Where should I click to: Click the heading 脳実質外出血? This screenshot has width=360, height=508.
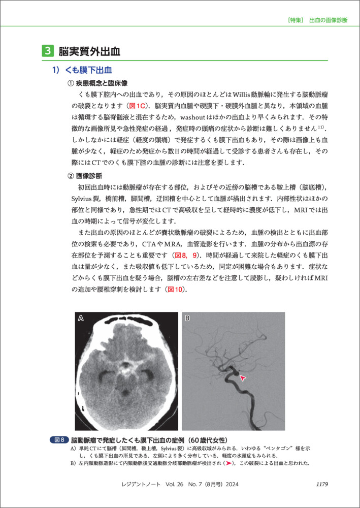click(89, 51)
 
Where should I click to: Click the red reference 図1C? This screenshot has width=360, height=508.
click(137, 106)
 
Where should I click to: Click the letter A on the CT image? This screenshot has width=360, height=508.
click(81, 319)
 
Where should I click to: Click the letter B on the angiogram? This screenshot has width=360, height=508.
click(187, 319)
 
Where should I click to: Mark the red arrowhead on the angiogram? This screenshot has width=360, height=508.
click(243, 378)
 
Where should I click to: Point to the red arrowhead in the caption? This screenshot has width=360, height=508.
click(230, 464)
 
